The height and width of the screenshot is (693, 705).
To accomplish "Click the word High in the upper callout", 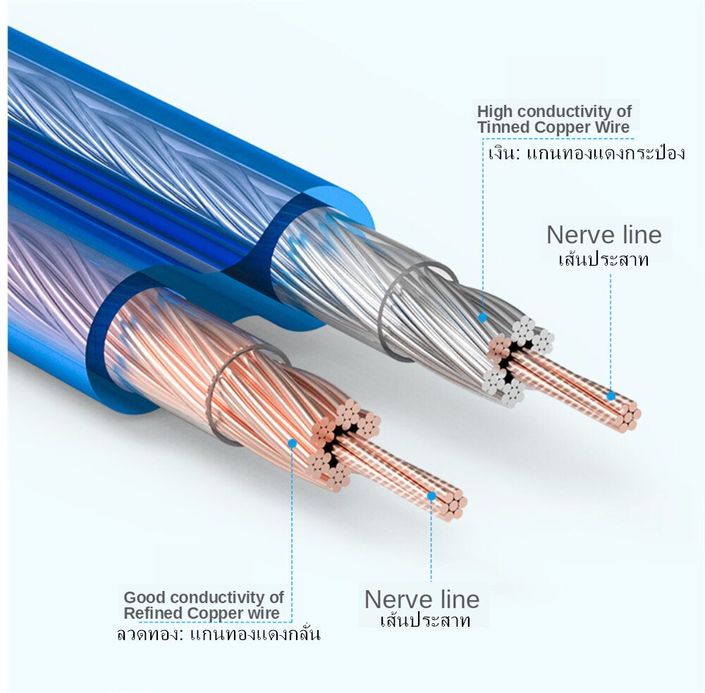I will pyautogui.click(x=492, y=111).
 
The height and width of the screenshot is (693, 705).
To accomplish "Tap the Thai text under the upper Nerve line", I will pyautogui.click(x=603, y=259).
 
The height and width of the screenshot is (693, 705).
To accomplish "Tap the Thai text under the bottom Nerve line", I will pyautogui.click(x=424, y=621).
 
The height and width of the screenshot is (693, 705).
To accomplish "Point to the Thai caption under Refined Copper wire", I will pyautogui.click(x=218, y=634).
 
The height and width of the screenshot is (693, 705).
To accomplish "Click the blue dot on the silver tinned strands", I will pyautogui.click(x=482, y=317).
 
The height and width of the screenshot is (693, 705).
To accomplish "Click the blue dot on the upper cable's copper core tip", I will pyautogui.click(x=611, y=396).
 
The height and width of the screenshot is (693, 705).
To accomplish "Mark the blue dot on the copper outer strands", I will pyautogui.click(x=292, y=443).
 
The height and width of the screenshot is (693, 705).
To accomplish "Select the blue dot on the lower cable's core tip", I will pyautogui.click(x=431, y=496).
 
